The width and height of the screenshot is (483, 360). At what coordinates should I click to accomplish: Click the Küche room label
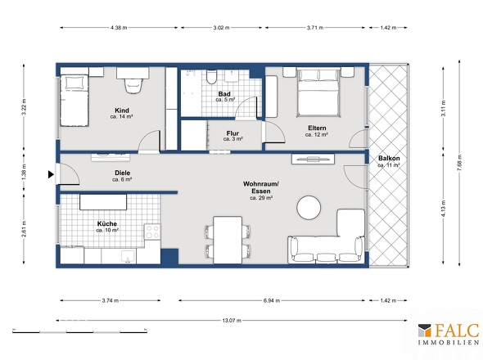coord(106,223)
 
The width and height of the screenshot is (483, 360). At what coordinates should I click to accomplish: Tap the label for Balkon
coord(388,158)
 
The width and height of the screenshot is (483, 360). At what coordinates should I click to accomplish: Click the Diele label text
coord(123,173)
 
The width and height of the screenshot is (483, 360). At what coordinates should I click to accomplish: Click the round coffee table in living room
coord(309,207)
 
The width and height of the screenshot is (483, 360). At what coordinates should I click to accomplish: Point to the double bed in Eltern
coord(318,92)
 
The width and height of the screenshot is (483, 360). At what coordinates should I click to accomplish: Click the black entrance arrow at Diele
coord(52,173)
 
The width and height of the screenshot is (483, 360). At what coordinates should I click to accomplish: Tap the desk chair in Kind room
coord(131,84)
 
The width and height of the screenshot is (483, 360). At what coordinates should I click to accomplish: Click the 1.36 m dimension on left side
coord(24,173)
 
